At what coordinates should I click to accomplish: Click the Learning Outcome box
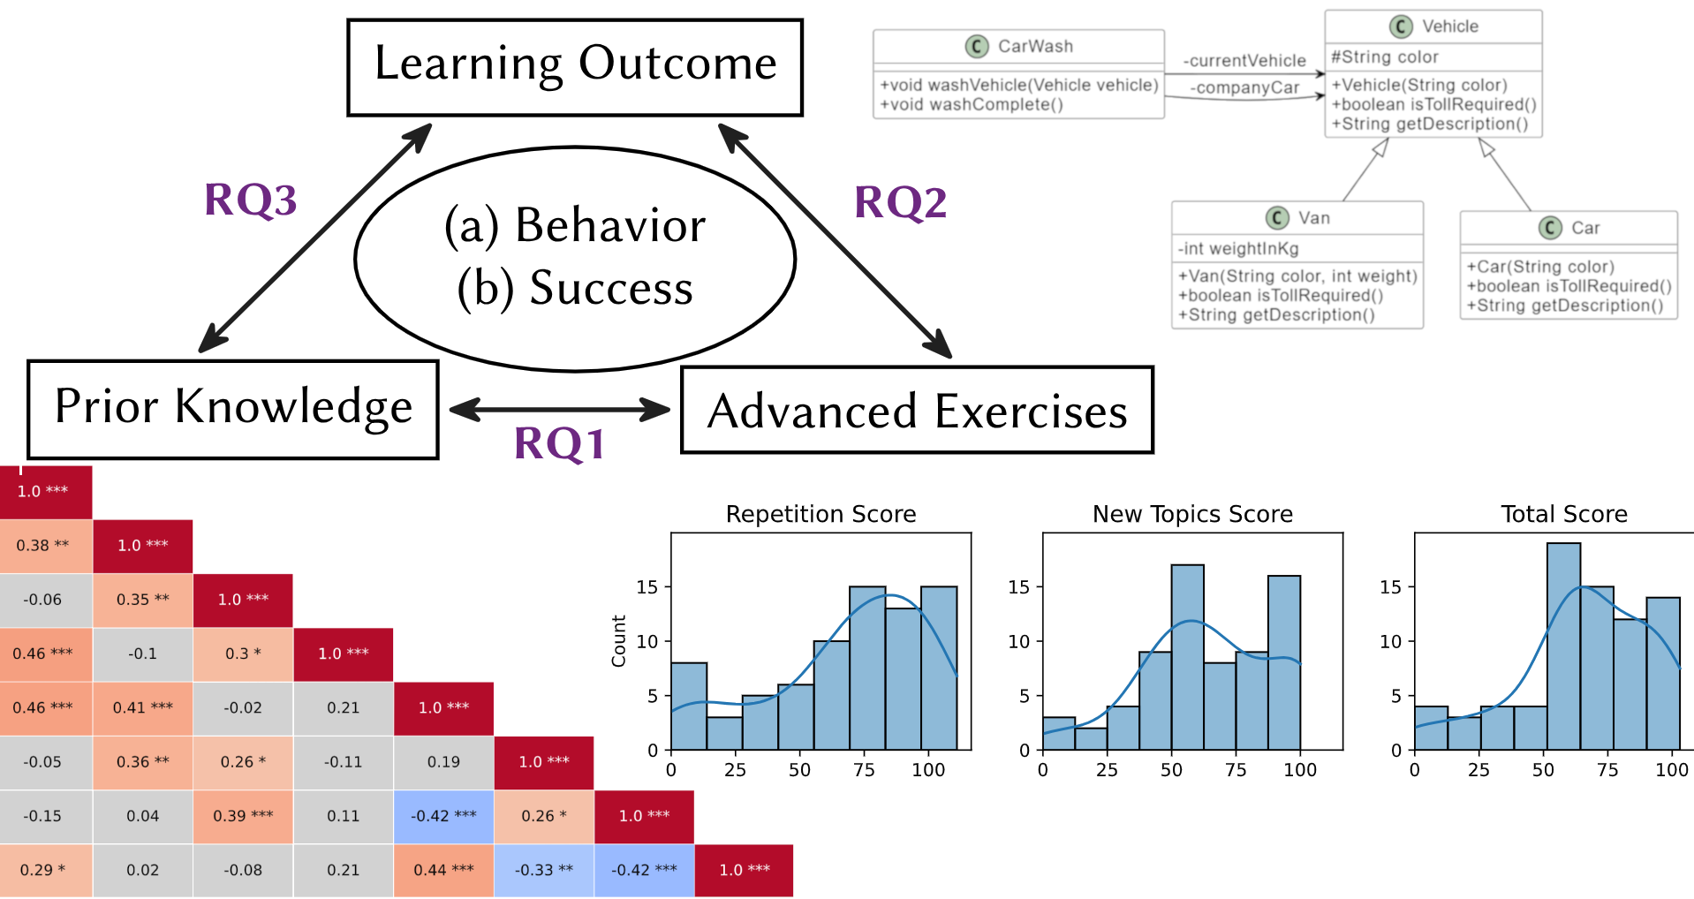(x=575, y=68)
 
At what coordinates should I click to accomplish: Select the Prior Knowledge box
(x=233, y=409)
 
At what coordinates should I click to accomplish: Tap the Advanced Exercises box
(x=918, y=410)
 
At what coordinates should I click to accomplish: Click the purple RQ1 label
(x=559, y=443)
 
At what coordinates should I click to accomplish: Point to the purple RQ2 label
(x=901, y=202)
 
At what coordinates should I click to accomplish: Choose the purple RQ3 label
(x=251, y=200)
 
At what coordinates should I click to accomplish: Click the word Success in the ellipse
(x=611, y=288)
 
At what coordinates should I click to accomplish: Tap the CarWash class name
(x=1035, y=46)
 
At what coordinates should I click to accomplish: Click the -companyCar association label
(x=1244, y=87)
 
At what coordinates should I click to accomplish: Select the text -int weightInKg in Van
(x=1238, y=248)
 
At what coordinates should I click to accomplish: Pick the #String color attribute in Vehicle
(x=1385, y=57)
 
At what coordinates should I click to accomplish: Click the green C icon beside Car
(x=1550, y=228)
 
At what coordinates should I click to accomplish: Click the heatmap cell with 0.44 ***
(x=443, y=870)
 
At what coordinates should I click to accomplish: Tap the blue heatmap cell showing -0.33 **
(x=544, y=870)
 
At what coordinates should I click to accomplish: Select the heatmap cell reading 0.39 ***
(x=243, y=816)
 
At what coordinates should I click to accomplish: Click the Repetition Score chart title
(x=821, y=514)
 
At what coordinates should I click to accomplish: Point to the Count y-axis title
(x=618, y=641)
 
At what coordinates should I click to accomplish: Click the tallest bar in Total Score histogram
(x=1564, y=646)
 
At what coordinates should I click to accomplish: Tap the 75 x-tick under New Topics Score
(x=1236, y=770)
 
